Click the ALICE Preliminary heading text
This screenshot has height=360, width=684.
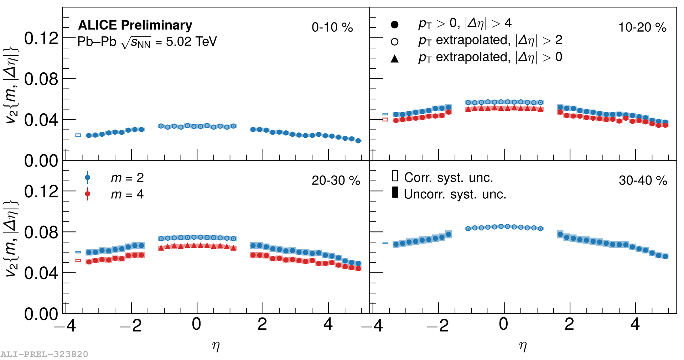point(135,25)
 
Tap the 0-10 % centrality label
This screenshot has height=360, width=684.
point(332,27)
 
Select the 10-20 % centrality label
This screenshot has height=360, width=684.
point(642,27)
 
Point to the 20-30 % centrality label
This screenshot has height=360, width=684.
point(336,181)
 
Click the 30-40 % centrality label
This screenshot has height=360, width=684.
point(643,181)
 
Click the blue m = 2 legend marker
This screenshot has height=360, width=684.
point(87,177)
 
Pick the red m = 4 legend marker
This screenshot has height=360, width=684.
point(87,194)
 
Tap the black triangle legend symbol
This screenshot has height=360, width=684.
point(394,58)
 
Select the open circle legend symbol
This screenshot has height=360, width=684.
point(394,42)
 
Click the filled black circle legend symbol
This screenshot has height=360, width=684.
point(394,25)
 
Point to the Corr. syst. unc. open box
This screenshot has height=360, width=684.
point(395,176)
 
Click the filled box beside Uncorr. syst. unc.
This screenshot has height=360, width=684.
point(395,192)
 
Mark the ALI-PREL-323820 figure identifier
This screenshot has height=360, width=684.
point(44,354)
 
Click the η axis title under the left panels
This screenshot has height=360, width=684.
point(216,346)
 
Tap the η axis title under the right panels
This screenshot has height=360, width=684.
point(523,346)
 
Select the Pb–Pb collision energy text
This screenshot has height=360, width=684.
point(147,42)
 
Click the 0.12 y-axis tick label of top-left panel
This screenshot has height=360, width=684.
point(41,38)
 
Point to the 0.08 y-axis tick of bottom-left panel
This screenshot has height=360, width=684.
point(41,232)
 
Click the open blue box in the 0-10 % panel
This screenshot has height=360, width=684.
point(78,135)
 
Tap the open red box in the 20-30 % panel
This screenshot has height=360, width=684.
point(78,261)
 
